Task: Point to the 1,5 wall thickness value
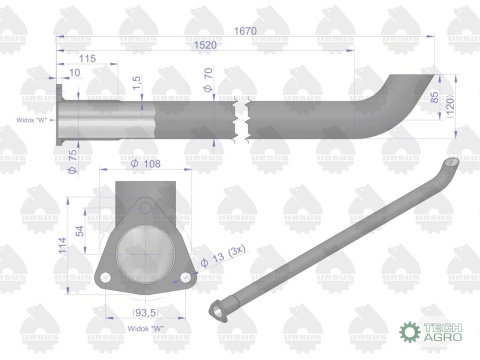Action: tap(136, 80)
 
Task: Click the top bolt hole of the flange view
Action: tap(146, 209)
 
